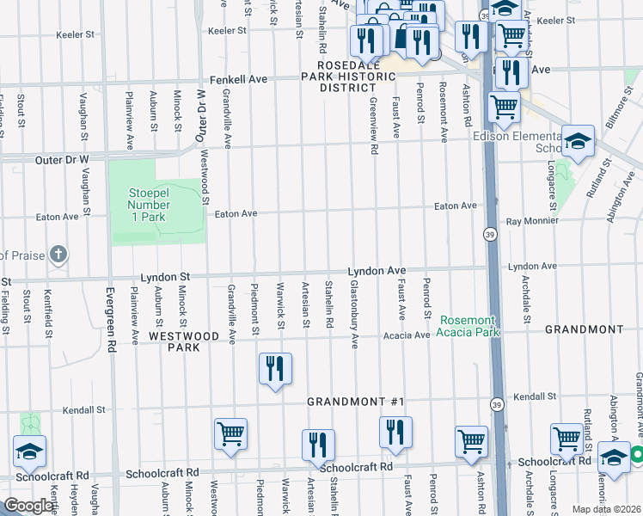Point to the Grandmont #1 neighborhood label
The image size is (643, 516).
pyautogui.click(x=355, y=402)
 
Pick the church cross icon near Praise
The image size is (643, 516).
pyautogui.click(x=57, y=254)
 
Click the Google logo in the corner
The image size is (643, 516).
pyautogui.click(x=29, y=506)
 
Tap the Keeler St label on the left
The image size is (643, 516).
pyautogui.click(x=76, y=35)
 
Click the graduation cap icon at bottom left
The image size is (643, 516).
pyautogui.click(x=29, y=451)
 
